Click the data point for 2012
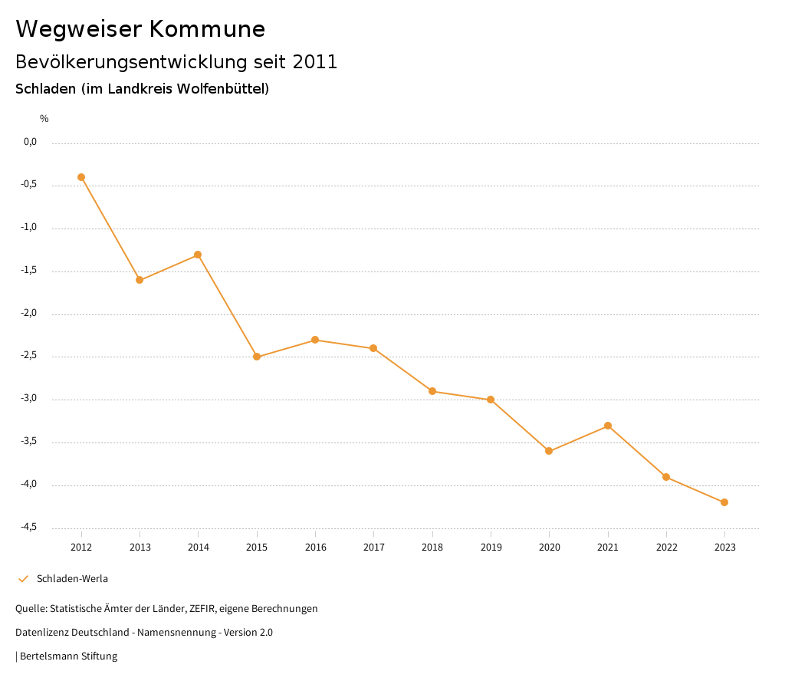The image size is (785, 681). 81,177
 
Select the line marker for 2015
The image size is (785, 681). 257,357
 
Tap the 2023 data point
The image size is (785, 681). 724,502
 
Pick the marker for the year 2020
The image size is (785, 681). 549,451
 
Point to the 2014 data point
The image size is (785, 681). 198,255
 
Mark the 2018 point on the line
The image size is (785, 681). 432,391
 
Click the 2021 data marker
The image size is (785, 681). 608,426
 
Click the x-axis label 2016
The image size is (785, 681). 315,548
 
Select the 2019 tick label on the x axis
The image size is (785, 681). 491,548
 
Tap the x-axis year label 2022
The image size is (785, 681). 666,548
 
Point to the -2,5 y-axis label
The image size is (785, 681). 30,356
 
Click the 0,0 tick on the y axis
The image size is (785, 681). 30,142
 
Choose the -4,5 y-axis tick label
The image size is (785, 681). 30,527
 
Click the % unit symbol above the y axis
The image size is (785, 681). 44,119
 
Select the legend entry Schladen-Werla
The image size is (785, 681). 72,579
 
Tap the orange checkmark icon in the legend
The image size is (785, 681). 23,579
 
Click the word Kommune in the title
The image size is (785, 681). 207,29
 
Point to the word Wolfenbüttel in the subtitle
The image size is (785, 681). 222,89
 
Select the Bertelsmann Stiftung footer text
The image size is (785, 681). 68,656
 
